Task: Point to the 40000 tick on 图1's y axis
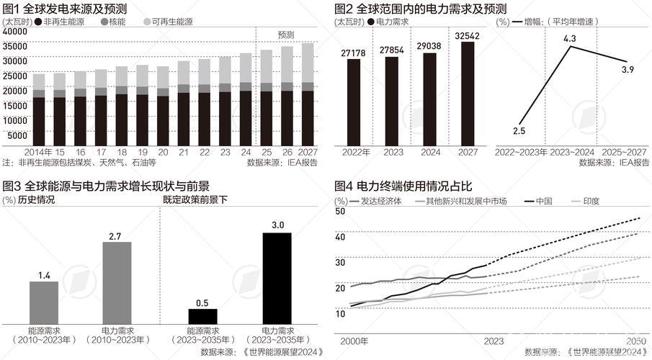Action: coord(14,33)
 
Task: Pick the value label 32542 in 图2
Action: coord(468,34)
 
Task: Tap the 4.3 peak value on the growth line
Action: coord(570,37)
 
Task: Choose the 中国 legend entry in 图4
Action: coord(543,202)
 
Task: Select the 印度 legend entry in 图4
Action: coord(590,202)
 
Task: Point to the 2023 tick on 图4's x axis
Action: coord(494,341)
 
